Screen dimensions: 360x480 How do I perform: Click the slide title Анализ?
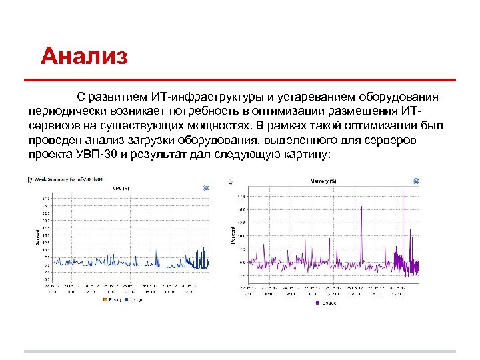pyautogui.click(x=83, y=56)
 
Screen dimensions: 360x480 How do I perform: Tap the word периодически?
pyautogui.click(x=66, y=112)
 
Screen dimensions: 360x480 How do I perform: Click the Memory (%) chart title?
pyautogui.click(x=323, y=181)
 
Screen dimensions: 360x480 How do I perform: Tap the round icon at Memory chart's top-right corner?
pyautogui.click(x=415, y=181)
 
